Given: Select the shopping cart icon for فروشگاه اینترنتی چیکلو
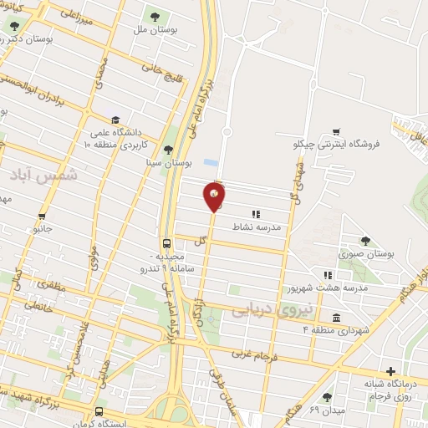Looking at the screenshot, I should [x=336, y=131].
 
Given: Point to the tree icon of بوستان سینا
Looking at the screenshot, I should [x=169, y=150].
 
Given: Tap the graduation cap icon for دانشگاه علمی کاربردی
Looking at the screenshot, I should [x=115, y=120].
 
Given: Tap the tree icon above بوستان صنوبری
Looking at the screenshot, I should [x=364, y=240].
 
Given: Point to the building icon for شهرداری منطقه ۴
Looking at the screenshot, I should [x=336, y=318].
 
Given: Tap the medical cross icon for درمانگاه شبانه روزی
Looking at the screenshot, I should [x=390, y=372].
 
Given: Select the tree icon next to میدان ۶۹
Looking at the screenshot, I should [x=326, y=398].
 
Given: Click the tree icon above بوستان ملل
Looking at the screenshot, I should [x=153, y=16].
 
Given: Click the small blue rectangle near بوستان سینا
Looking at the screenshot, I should [x=209, y=161].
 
